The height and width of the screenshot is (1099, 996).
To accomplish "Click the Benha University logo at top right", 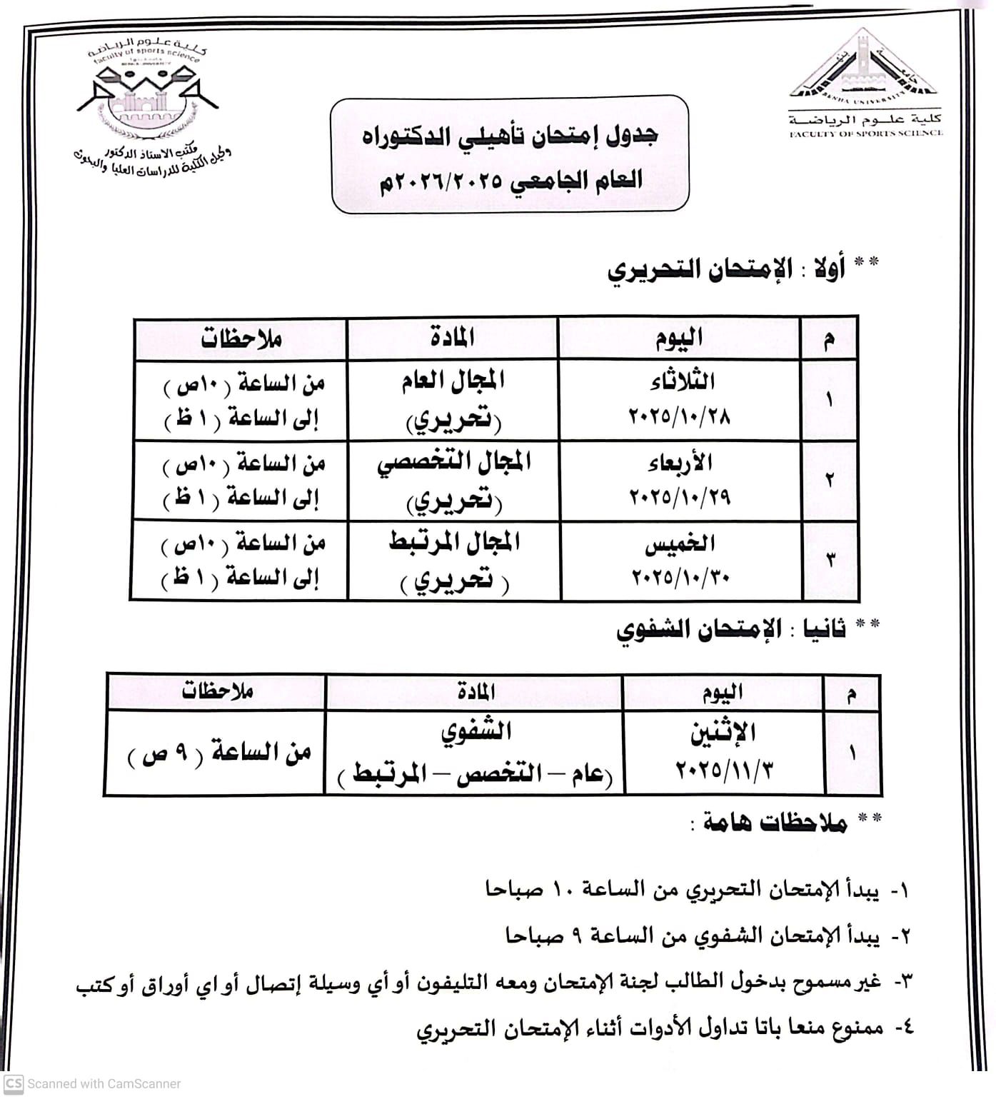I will pyautogui.click(x=863, y=68).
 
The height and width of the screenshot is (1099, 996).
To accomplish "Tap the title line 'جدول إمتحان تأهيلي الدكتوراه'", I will pyautogui.click(x=510, y=136).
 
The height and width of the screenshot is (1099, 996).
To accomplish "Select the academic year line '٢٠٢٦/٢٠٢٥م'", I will pyautogui.click(x=510, y=179).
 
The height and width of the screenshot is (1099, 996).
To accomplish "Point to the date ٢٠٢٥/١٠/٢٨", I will pyautogui.click(x=680, y=415).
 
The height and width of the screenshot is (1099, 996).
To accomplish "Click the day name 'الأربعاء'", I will pyautogui.click(x=680, y=463).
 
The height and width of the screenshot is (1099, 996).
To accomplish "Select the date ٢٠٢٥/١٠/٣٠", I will pyautogui.click(x=680, y=576).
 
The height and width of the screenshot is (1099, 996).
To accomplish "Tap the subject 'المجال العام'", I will pyautogui.click(x=453, y=381).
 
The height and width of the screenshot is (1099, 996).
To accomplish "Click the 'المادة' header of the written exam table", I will pyautogui.click(x=453, y=338).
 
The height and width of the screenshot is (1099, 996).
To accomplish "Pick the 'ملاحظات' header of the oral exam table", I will pyautogui.click(x=217, y=691).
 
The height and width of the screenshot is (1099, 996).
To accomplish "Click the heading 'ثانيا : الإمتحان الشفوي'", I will pyautogui.click(x=730, y=629).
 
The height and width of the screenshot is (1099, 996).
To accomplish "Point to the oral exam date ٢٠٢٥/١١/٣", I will pyautogui.click(x=724, y=770).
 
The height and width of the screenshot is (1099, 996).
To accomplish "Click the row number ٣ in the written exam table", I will pyautogui.click(x=830, y=561).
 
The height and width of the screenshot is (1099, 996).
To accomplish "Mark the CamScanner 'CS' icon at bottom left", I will pyautogui.click(x=13, y=1083).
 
